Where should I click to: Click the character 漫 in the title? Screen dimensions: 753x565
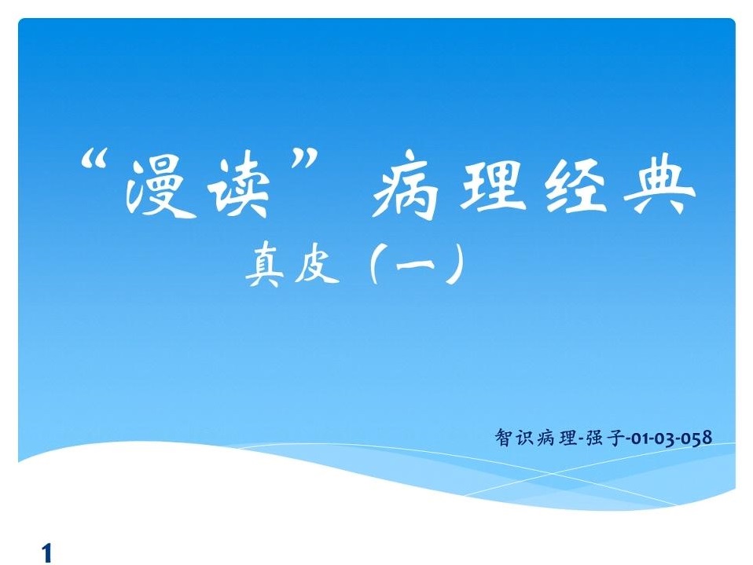point(160,188)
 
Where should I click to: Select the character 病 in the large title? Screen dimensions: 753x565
point(405,185)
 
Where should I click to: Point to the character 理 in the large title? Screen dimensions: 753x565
point(490,185)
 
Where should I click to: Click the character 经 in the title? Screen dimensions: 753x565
point(575,185)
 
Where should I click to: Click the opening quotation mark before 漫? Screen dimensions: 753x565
point(94,161)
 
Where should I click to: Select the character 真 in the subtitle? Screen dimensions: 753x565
point(263,264)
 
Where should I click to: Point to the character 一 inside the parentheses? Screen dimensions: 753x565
point(415,263)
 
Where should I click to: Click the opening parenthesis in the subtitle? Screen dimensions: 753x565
point(376,263)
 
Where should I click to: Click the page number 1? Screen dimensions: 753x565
point(47,553)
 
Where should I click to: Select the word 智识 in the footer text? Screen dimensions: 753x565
point(514,438)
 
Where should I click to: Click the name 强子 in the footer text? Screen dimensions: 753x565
point(604,438)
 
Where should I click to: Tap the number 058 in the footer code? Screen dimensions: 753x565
point(697,438)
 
